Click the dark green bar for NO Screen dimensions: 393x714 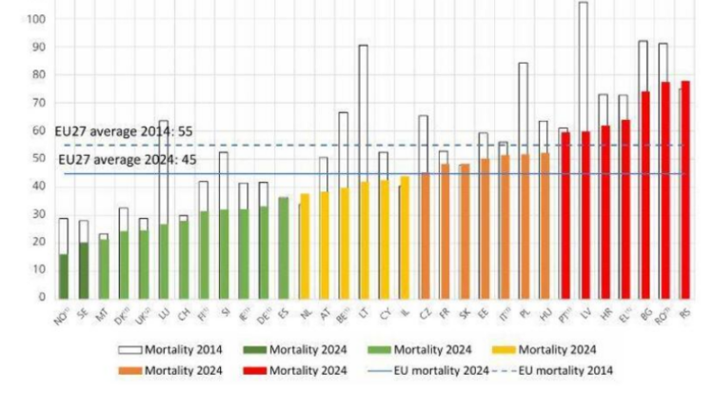63,275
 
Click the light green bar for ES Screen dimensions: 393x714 283,246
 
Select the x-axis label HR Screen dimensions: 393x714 602,311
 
